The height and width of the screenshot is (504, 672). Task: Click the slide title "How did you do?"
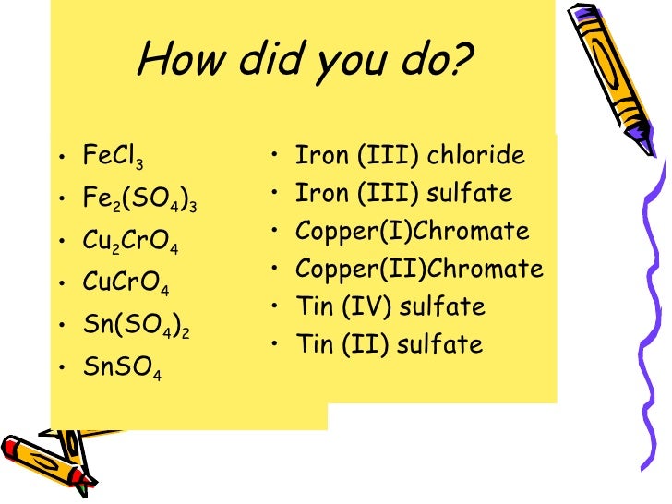pyautogui.click(x=304, y=61)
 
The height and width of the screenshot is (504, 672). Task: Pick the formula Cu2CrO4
pyautogui.click(x=130, y=242)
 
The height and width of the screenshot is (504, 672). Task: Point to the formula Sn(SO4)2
pyautogui.click(x=136, y=326)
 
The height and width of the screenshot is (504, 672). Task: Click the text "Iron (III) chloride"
pyautogui.click(x=410, y=155)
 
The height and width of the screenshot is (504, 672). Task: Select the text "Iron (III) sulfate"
pyautogui.click(x=403, y=194)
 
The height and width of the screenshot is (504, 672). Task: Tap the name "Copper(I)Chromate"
pyautogui.click(x=412, y=231)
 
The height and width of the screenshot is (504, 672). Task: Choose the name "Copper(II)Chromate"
pyautogui.click(x=419, y=270)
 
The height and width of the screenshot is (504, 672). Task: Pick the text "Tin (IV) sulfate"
pyautogui.click(x=390, y=306)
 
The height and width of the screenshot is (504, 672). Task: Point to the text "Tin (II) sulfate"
pyautogui.click(x=389, y=345)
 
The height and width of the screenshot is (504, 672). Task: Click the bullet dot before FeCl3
pyautogui.click(x=61, y=159)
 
